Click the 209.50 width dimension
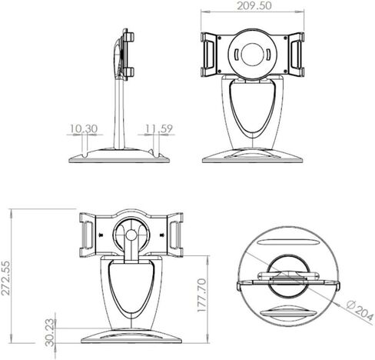[254, 6]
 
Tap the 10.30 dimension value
[84, 128]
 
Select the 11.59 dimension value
[159, 128]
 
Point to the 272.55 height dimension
[6, 278]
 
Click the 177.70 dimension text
[202, 295]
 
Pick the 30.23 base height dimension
[50, 332]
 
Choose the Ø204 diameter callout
[360, 312]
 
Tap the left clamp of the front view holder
[209, 55]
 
